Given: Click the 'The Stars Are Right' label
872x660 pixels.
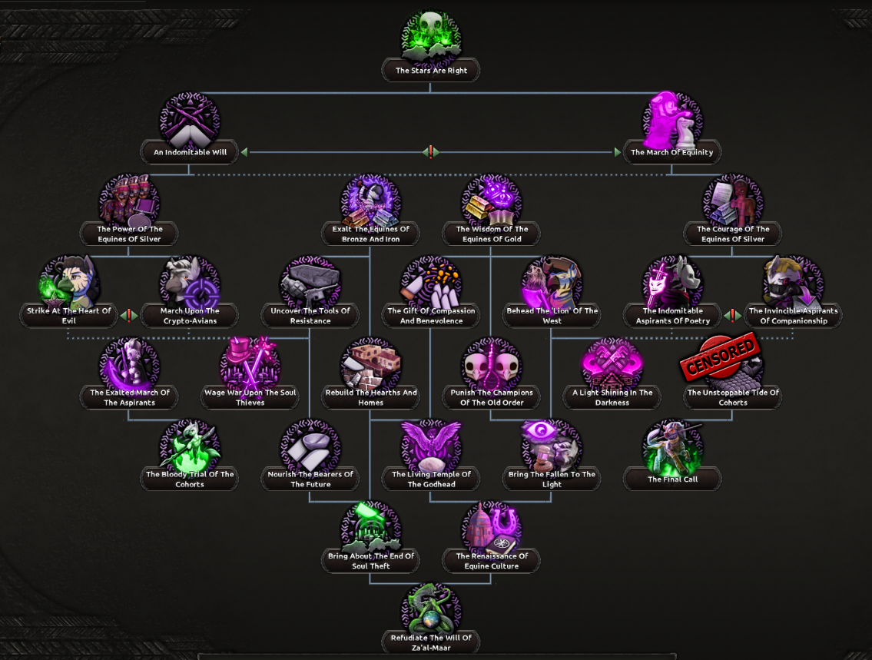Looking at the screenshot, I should (430, 71).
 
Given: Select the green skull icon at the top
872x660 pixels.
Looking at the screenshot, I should (430, 35).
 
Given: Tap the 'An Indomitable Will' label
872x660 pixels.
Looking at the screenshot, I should (190, 152).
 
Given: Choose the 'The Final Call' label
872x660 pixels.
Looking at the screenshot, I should (672, 479).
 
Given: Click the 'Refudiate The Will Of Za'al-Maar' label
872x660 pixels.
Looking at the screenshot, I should (431, 643).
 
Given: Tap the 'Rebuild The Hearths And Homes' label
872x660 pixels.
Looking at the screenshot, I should (371, 397).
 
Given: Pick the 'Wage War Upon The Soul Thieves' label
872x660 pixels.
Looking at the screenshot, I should (250, 397).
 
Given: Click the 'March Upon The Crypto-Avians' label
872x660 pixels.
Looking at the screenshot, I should (190, 316).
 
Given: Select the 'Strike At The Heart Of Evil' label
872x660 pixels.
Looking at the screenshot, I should (69, 316).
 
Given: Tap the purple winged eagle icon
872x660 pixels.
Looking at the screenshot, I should (431, 446).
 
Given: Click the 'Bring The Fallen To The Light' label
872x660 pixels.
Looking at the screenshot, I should (552, 479).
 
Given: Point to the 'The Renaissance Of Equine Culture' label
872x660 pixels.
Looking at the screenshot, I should (492, 561).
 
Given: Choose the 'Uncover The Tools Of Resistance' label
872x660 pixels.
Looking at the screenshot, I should (310, 316).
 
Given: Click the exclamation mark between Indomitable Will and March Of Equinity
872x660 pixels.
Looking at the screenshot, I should (431, 152).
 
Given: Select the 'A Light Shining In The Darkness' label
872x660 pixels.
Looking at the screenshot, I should (612, 397).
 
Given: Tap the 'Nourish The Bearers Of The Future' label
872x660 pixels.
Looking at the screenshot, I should (310, 479).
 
